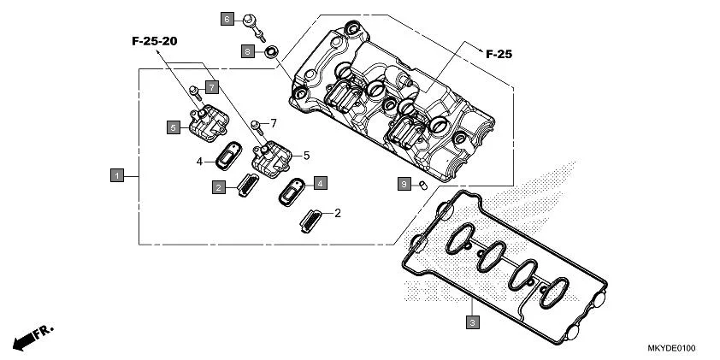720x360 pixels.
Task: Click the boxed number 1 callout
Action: point(117,175)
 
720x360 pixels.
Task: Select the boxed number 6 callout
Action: point(227,18)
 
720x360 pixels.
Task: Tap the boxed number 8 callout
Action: point(247,52)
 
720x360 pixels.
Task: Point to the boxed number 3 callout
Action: point(471,322)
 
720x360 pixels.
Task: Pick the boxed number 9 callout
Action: point(403,184)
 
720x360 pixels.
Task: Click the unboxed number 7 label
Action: point(274,123)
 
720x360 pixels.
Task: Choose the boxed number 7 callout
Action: point(211,86)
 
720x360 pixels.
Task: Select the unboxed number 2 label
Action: point(338,213)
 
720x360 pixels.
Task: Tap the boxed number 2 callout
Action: point(220,186)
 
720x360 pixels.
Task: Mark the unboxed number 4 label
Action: point(198,161)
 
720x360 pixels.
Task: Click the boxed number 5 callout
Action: point(173,127)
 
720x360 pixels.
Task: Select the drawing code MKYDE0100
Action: point(671,349)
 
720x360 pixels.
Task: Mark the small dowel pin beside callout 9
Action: point(422,185)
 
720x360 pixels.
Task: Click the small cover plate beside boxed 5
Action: point(203,124)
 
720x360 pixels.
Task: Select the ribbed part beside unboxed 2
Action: point(311,219)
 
